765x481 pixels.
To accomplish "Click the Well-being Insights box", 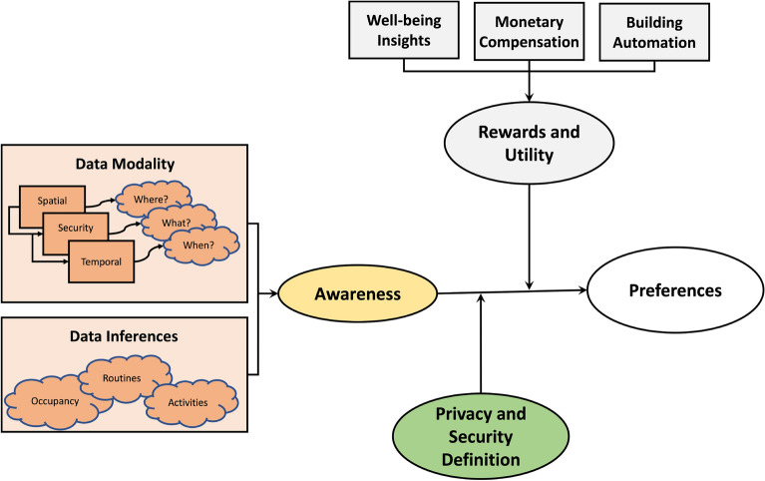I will click(405, 29).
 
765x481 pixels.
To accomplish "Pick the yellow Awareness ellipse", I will click(359, 294).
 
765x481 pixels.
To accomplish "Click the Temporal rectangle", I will click(101, 262).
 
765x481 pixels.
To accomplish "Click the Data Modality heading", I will click(127, 164).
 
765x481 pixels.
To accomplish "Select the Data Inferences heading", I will click(127, 336).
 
